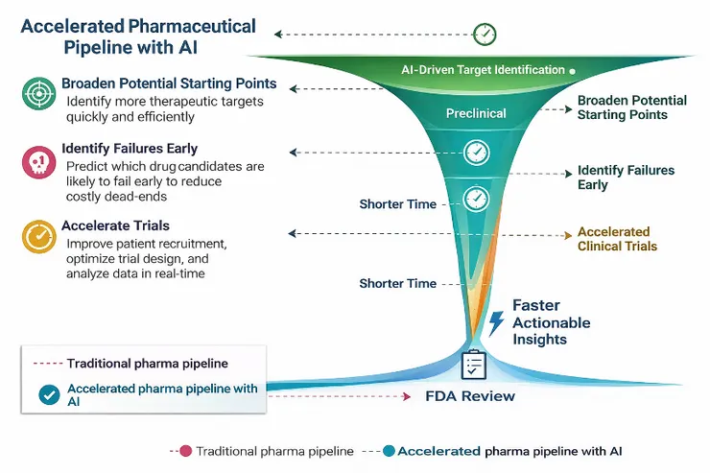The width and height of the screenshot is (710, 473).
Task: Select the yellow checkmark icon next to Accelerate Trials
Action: tap(39, 236)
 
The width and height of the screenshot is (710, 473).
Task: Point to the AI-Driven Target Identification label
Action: tap(483, 70)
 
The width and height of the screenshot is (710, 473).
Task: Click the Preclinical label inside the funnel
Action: tap(476, 113)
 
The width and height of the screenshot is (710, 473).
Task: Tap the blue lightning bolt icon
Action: tap(496, 322)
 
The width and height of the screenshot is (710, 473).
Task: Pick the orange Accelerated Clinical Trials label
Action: tap(617, 239)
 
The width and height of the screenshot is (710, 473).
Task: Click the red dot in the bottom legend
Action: tap(185, 450)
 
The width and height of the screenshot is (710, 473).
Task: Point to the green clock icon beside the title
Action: tap(485, 35)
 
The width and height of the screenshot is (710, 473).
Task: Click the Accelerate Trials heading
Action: tap(115, 225)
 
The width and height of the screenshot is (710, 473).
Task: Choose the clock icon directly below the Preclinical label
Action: tap(476, 153)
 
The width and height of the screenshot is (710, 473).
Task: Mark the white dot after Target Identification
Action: tap(573, 70)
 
